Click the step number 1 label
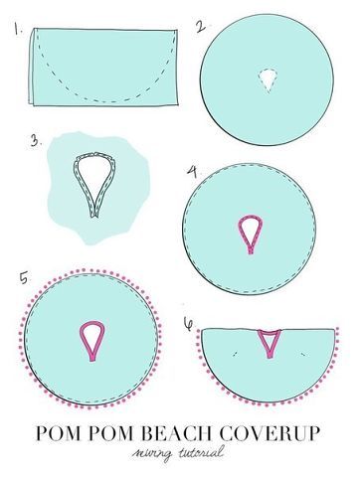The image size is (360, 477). [18, 28]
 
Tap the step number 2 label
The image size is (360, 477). [201, 26]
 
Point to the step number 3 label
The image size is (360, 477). [36, 141]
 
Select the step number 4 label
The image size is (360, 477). [192, 171]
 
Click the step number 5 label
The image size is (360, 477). [24, 278]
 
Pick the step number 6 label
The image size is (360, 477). [188, 324]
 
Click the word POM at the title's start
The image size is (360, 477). [56, 432]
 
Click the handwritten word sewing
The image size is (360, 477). [152, 454]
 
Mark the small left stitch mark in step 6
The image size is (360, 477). [235, 354]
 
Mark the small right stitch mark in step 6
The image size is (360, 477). [303, 355]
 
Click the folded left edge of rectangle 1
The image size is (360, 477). [32, 68]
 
